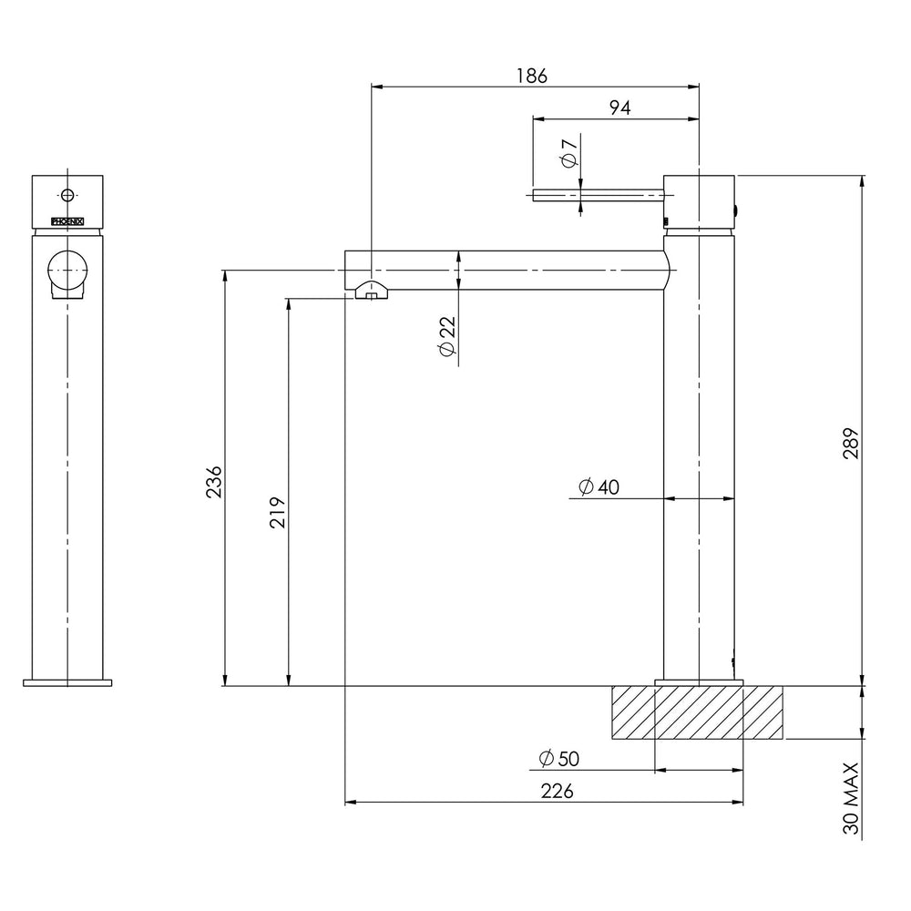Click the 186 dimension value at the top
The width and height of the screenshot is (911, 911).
[x=534, y=76]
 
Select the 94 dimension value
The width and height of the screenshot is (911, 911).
[x=619, y=107]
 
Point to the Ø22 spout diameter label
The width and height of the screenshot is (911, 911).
[x=446, y=339]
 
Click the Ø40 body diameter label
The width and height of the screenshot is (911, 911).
[x=599, y=487]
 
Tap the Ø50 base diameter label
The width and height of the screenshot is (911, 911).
[x=559, y=759]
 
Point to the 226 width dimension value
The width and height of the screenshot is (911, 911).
[x=557, y=792]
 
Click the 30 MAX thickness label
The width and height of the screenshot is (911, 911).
[x=852, y=799]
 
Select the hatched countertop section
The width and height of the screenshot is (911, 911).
[x=697, y=712]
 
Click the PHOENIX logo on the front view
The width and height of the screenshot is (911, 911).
[x=67, y=220]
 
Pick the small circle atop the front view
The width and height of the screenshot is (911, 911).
[x=67, y=194]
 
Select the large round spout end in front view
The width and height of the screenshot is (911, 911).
[x=67, y=269]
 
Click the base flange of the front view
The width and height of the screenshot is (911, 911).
[x=67, y=681]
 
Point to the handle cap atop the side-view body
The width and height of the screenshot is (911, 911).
[x=699, y=200]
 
